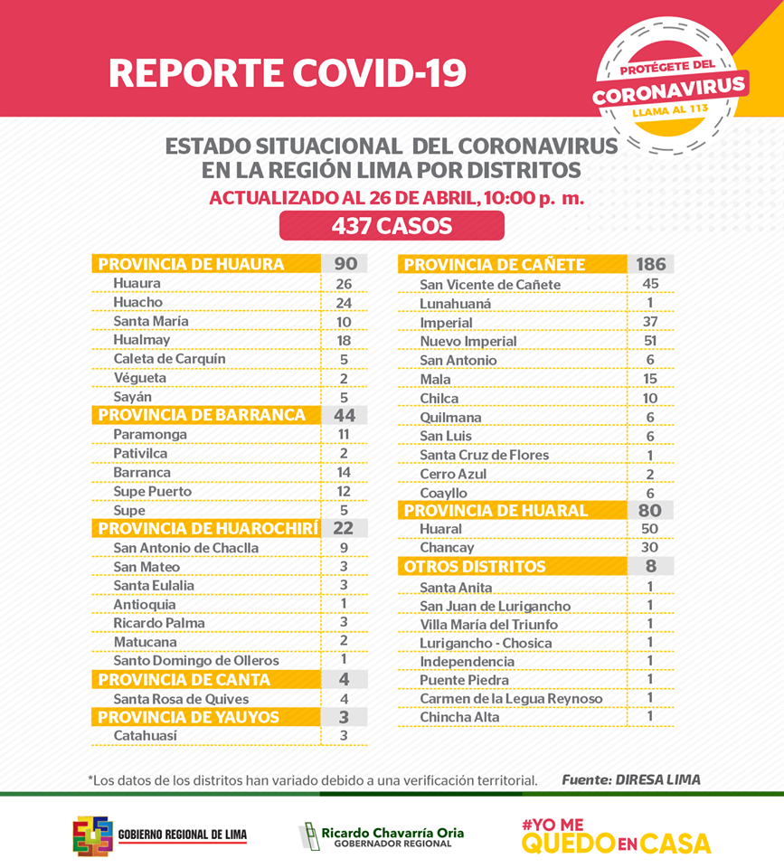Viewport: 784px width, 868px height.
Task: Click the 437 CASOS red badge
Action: point(392,226)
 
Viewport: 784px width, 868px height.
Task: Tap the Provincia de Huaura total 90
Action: point(345,263)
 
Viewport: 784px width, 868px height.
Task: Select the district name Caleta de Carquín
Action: point(169,359)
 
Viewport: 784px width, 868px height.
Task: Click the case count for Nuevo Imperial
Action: point(650,341)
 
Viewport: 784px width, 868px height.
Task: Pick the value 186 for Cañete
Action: point(650,264)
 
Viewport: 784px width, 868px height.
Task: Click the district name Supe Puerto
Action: point(152,492)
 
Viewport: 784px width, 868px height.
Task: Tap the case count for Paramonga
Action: point(344,435)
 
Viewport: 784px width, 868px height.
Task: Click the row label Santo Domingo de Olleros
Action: point(196,660)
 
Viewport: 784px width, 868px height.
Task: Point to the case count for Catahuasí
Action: point(344,736)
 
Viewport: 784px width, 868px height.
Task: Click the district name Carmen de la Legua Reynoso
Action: point(511,699)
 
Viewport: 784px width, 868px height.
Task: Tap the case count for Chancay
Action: point(649,548)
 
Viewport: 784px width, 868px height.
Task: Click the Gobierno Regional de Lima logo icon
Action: point(93,835)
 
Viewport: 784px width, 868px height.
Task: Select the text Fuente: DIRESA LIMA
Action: point(631,780)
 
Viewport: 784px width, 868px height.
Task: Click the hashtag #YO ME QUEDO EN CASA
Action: point(616,835)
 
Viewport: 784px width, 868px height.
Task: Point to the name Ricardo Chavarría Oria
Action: point(392,833)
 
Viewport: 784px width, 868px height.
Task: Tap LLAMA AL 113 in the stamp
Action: point(670,110)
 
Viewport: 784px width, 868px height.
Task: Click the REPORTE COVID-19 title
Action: point(288,73)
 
